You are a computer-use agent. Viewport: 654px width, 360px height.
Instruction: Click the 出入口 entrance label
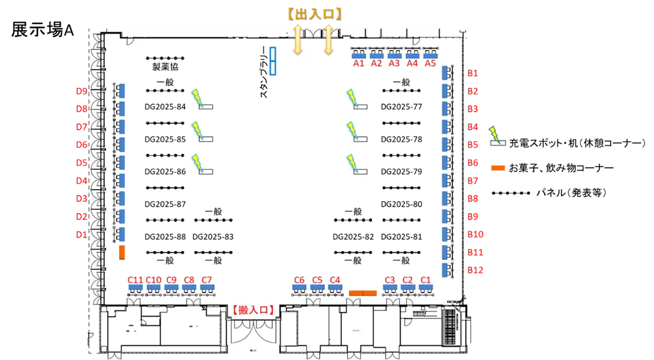(x=313, y=13)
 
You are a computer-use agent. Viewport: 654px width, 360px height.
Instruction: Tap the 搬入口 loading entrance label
(x=253, y=310)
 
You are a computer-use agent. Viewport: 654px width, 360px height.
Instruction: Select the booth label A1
(x=359, y=63)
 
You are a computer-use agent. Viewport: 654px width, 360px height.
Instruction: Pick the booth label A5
(x=430, y=63)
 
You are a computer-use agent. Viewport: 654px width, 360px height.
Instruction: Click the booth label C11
(x=135, y=280)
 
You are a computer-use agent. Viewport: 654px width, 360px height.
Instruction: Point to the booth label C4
(x=335, y=280)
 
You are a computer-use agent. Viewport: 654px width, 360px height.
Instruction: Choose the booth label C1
(x=426, y=280)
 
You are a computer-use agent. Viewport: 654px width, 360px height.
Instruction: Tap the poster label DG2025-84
(x=165, y=107)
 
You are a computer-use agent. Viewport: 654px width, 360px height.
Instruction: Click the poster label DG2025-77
(x=401, y=107)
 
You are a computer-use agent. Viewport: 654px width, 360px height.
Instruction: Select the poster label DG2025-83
(x=212, y=237)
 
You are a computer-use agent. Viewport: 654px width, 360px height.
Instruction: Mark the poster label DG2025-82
(x=353, y=237)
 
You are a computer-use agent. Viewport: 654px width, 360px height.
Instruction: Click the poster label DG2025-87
(x=165, y=204)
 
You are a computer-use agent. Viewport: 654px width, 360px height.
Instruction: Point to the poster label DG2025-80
(x=401, y=204)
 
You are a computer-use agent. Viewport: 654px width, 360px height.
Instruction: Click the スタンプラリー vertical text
(x=264, y=75)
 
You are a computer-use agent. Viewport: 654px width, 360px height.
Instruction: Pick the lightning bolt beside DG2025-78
(x=351, y=129)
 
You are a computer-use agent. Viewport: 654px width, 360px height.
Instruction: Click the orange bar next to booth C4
(x=362, y=293)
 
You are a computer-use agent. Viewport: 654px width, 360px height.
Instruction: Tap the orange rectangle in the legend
(x=498, y=168)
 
